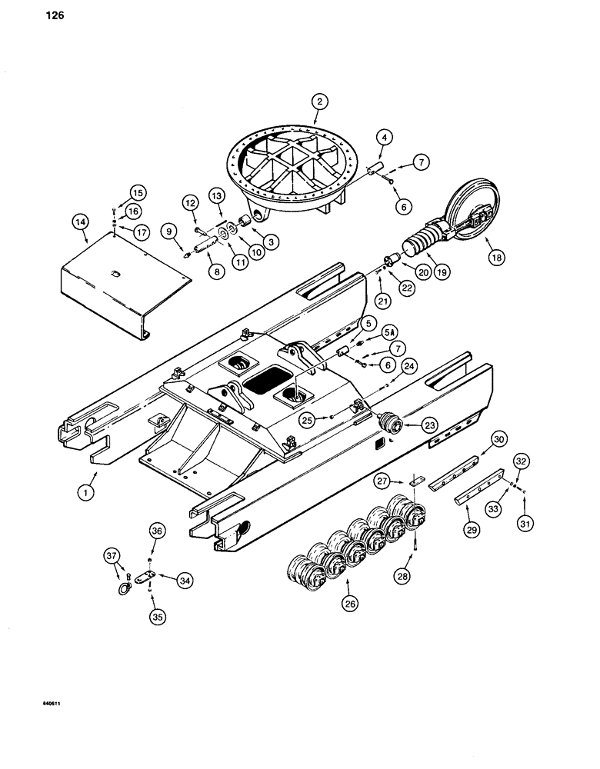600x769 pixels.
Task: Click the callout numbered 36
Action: click(x=156, y=531)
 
